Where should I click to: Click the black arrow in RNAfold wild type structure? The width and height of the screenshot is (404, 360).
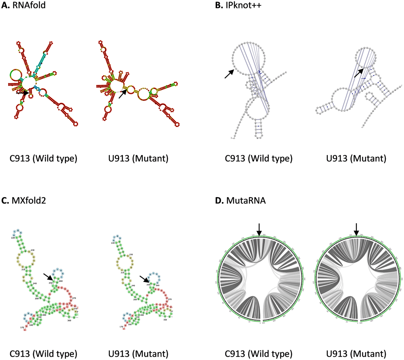pyautogui.click(x=22, y=93)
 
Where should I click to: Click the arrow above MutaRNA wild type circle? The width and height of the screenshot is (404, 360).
pyautogui.click(x=259, y=227)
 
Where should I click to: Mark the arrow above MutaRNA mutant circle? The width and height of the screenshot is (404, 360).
pyautogui.click(x=356, y=227)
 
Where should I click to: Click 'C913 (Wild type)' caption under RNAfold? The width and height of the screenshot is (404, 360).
pyautogui.click(x=44, y=158)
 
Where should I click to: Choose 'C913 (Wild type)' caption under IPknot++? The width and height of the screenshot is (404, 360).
pyautogui.click(x=259, y=158)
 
